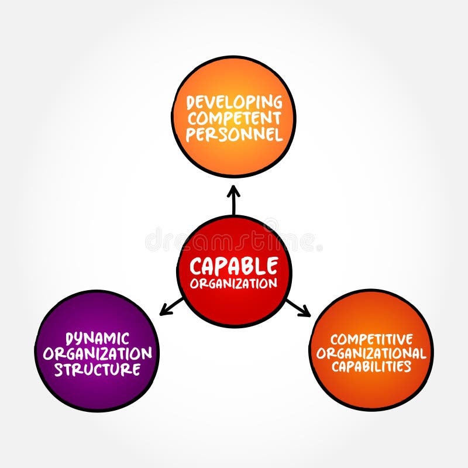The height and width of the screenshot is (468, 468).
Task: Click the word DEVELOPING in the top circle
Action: point(234,102)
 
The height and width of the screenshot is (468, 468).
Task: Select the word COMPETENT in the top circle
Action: point(234,119)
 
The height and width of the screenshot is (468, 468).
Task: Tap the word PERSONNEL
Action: point(234,135)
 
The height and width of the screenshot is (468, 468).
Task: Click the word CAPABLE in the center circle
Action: point(234,267)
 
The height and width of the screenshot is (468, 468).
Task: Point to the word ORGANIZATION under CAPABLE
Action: point(234,284)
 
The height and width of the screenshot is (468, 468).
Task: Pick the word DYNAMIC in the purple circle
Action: point(98,338)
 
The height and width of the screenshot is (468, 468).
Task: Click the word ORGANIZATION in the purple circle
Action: point(98,353)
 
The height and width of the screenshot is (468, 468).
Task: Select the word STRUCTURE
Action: point(98,369)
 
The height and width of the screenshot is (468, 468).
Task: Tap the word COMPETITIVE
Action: point(371,339)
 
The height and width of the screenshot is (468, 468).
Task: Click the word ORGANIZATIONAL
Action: point(371,353)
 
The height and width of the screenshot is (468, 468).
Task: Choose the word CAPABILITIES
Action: point(371,367)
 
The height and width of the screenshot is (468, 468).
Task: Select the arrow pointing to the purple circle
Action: point(173,306)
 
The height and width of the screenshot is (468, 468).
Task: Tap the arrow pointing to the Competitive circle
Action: point(297,308)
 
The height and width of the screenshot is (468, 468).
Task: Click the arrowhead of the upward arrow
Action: point(234,190)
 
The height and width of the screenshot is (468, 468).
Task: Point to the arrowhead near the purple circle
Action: point(164,311)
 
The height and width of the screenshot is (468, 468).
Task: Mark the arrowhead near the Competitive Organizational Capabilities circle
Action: point(305,313)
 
